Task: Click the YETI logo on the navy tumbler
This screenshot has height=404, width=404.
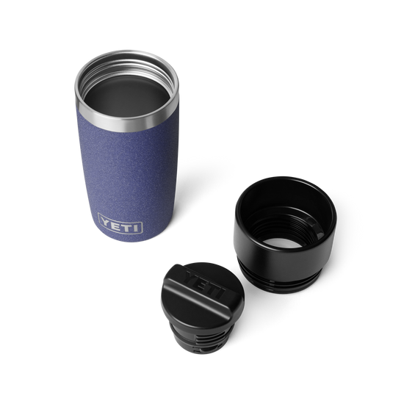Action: click(120, 223)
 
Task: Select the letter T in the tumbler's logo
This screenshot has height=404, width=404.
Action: click(127, 226)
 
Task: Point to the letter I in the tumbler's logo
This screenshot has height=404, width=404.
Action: click(136, 228)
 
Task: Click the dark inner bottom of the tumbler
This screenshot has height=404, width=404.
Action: click(127, 95)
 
